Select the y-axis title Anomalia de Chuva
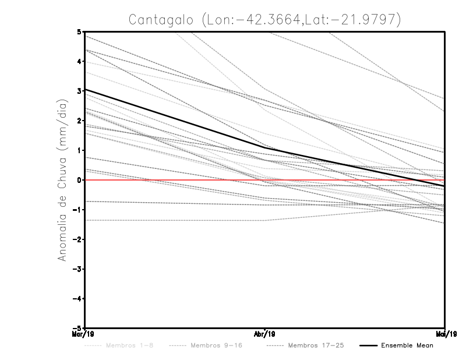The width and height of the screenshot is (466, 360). pos(60,179)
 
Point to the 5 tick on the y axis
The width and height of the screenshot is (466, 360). pos(79,32)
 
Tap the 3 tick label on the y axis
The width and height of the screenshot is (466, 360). pos(79,91)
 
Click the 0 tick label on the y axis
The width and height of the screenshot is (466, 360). pos(79,180)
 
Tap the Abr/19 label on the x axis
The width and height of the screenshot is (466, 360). pos(265,334)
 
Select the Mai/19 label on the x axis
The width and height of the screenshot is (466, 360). pos(445,334)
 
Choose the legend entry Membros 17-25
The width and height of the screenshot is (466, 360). pos(306,346)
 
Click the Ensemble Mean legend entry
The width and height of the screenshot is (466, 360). pos(407,346)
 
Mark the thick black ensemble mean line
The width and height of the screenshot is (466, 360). pos(175,119)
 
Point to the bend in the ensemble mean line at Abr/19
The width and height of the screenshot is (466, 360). pos(265,148)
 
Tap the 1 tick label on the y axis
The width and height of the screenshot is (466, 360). pos(79,150)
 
